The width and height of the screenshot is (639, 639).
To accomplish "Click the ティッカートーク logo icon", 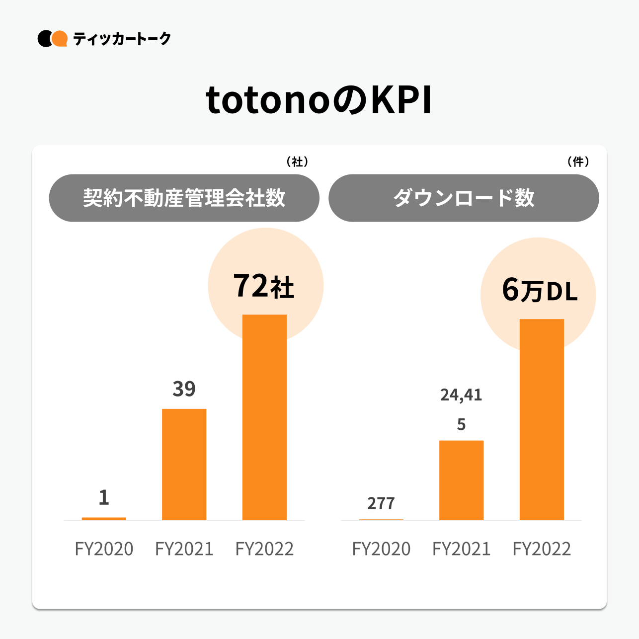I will tap(52, 39).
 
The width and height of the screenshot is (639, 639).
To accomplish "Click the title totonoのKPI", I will tap(319, 101).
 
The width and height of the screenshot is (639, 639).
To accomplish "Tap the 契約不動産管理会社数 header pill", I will tap(184, 198).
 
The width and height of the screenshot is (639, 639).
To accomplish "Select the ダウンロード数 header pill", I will tap(463, 198).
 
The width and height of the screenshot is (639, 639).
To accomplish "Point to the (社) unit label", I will tap(297, 162).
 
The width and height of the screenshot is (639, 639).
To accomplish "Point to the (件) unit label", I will tap(578, 162).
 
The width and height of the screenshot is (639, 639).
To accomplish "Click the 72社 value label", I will tap(264, 287).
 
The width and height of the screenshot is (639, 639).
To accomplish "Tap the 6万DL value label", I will tap(540, 291).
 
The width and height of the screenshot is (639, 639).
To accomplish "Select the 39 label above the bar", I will tap(184, 389).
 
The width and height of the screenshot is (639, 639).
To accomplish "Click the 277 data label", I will tap(381, 503).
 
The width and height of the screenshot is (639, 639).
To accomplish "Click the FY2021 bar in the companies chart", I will tap(184, 465).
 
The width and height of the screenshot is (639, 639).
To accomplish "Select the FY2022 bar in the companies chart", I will tap(264, 417).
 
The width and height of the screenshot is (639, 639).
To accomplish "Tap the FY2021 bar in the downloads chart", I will tap(461, 480).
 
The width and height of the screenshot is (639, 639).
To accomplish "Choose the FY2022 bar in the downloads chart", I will tap(542, 420).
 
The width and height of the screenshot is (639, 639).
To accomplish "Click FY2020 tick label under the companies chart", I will tap(104, 549).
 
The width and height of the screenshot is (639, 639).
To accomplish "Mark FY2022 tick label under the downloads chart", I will tap(542, 549).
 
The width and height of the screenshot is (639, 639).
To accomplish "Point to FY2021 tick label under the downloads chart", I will tap(461, 549).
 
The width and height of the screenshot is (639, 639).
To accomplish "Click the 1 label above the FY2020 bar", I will tap(104, 497).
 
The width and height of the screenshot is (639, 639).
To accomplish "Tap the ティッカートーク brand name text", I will tap(122, 39).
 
